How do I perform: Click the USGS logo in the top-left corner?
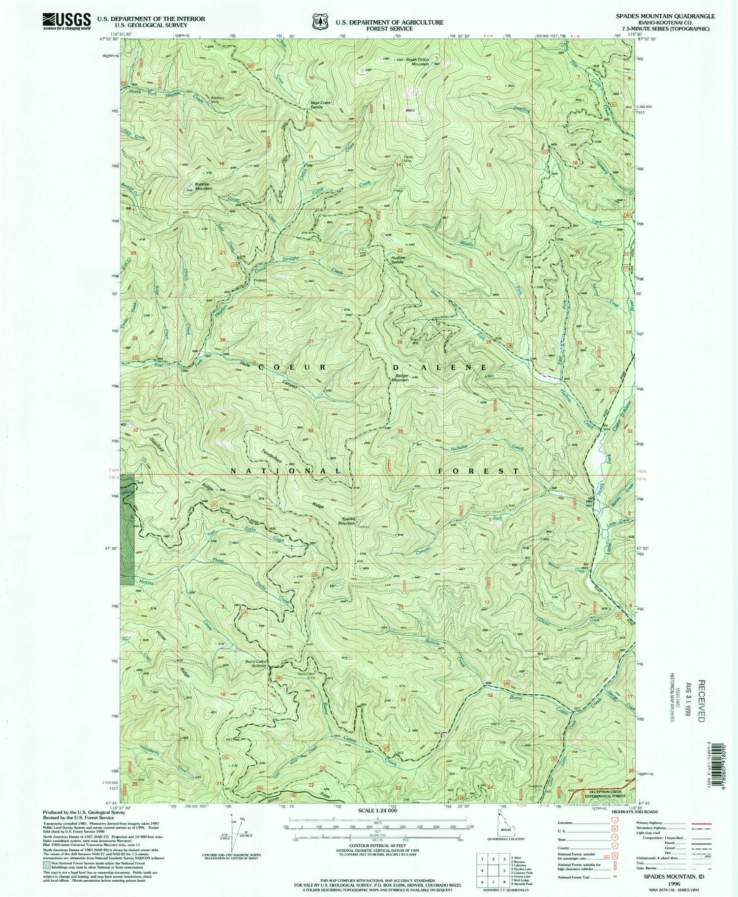click(66, 21)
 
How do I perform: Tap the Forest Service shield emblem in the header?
click(318, 22)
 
